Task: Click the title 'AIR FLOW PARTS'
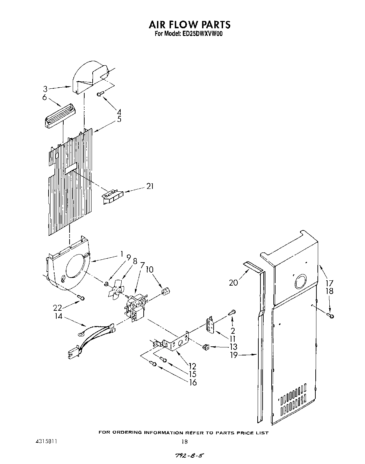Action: [x=189, y=24]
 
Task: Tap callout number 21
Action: [x=150, y=186]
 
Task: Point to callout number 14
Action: [x=58, y=316]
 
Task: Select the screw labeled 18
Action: [x=331, y=316]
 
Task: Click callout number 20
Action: [x=233, y=282]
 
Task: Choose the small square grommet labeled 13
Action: [x=205, y=347]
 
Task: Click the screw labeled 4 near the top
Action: [x=100, y=93]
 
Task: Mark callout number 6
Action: [x=44, y=97]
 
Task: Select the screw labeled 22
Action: [x=81, y=297]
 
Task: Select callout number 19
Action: [x=233, y=355]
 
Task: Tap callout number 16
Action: [x=193, y=382]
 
